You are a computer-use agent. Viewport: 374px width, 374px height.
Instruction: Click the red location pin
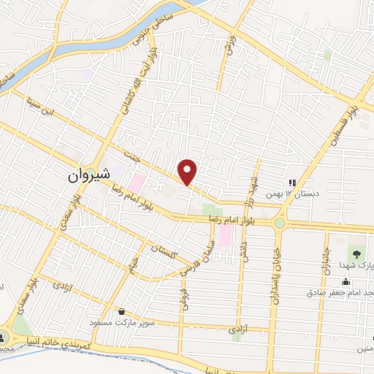pyautogui.click(x=188, y=171)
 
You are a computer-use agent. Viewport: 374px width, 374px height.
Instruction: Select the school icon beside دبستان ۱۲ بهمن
pyautogui.click(x=291, y=183)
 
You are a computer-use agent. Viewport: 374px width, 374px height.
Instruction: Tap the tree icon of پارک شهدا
pyautogui.click(x=356, y=254)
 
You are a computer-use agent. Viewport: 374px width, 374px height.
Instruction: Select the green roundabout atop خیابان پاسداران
pyautogui.click(x=279, y=223)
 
